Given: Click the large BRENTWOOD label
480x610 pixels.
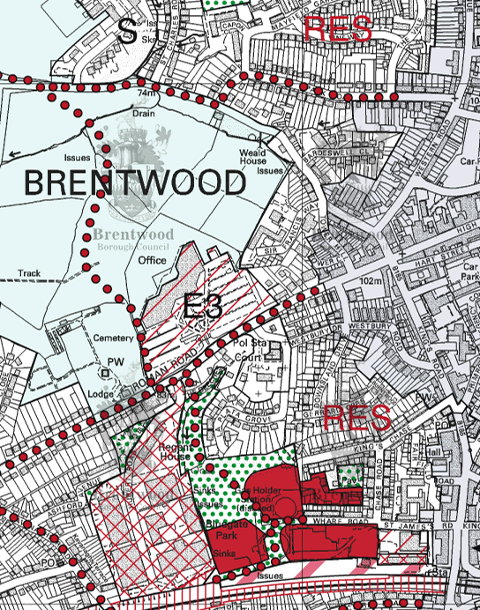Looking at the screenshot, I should click(x=133, y=183).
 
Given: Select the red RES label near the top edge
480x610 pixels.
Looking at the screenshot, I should click(x=337, y=28).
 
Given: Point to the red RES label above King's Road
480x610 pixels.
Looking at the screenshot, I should click(x=356, y=418).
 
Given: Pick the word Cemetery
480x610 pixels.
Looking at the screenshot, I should click(x=113, y=339).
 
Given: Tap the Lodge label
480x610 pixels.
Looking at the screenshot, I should click(x=101, y=393).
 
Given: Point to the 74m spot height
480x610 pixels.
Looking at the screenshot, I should click(x=146, y=92).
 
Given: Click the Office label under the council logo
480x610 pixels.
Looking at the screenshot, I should click(x=152, y=261).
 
